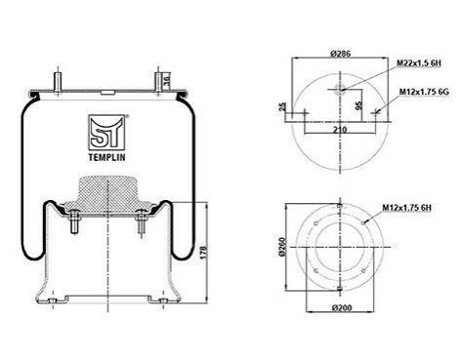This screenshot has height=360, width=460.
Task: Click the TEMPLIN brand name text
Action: click(x=106, y=157)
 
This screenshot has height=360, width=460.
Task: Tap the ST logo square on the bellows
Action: click(x=106, y=133)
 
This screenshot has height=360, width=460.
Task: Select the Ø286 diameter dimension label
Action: click(x=340, y=54)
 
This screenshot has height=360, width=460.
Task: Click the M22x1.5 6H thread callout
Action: click(x=419, y=63)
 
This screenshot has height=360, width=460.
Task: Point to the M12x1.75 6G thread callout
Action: click(x=424, y=92)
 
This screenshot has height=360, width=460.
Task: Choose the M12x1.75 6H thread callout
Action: click(x=407, y=207)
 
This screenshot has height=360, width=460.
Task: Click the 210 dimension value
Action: click(x=340, y=130)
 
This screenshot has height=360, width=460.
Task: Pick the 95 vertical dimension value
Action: click(x=358, y=105)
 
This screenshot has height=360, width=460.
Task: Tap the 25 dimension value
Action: click(x=282, y=106)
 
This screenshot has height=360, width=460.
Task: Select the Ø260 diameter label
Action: click(x=282, y=247)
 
